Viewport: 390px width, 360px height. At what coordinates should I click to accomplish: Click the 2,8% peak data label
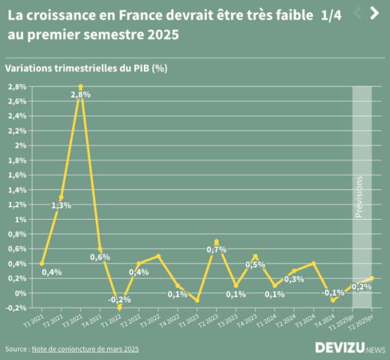pos(80,94)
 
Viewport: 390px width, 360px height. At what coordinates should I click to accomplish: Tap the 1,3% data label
pos(61,205)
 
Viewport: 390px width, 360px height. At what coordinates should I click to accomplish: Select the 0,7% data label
pos(216,249)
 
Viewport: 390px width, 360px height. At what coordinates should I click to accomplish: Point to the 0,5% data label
pos(255,265)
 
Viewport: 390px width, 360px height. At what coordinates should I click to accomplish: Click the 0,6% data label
pos(100,256)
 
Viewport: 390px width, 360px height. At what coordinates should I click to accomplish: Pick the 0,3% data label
pos(294,279)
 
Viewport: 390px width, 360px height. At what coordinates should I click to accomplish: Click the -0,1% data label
pos(334,292)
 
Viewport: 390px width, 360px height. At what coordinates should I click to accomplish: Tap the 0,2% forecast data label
pos(361,286)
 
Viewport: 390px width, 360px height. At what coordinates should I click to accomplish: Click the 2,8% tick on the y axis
pos(18,86)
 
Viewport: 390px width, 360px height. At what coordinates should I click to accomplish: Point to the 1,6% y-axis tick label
pos(18,175)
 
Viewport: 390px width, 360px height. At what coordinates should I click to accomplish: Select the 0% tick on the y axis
pos(22,292)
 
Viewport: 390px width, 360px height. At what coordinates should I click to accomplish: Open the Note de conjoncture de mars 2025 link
pos(85,349)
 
